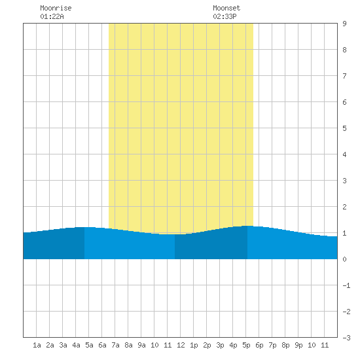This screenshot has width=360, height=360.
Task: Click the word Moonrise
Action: (x=56, y=8)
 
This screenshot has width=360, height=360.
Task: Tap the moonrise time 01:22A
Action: (x=52, y=16)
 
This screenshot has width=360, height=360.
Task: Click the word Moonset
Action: (x=226, y=8)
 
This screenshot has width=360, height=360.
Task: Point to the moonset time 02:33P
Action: (x=225, y=16)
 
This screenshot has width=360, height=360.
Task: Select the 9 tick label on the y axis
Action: (x=344, y=24)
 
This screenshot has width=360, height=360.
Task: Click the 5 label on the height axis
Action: (x=344, y=128)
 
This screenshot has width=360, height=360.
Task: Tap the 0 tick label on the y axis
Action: (x=344, y=259)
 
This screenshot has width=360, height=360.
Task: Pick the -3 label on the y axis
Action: (x=346, y=338)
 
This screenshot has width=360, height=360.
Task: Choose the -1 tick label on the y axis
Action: (x=346, y=285)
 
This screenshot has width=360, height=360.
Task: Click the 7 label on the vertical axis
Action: (x=344, y=76)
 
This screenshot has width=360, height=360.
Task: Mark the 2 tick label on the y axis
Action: (x=344, y=207)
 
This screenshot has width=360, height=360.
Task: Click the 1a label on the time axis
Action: (x=37, y=345)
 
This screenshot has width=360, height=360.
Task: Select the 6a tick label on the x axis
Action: (x=102, y=345)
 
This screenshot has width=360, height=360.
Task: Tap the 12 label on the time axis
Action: (x=181, y=345)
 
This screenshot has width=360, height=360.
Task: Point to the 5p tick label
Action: (x=246, y=345)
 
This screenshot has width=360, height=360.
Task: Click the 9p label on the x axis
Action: (x=298, y=345)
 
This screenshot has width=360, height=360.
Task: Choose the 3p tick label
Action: (x=220, y=345)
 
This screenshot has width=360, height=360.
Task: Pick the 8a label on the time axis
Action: (x=128, y=345)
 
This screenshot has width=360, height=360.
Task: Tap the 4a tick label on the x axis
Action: (x=76, y=345)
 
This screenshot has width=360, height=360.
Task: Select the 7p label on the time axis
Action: (x=272, y=345)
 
